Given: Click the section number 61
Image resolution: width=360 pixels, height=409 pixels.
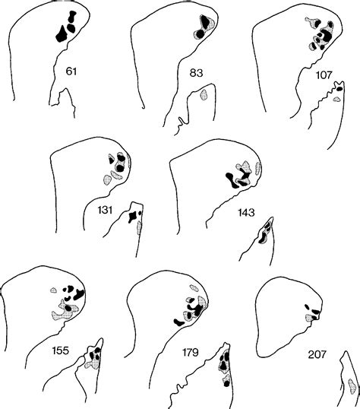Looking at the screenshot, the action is point(71,71).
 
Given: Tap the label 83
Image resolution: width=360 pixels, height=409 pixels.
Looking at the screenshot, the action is point(196,73).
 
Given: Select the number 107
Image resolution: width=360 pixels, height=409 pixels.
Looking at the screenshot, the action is point(324,75).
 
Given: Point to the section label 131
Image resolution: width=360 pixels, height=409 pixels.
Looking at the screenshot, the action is point(105,210).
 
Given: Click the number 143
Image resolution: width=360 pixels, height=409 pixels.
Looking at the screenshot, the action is point(246,213).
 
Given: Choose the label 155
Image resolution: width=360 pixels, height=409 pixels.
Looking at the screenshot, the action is point(61,350).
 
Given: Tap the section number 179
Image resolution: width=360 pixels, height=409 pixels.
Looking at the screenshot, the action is point(190,353).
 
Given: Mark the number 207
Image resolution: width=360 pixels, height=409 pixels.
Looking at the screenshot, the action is point(317,354).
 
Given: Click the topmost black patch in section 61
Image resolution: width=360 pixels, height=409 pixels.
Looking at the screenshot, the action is point(71,17).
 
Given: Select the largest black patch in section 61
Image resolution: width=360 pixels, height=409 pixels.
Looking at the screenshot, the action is point(62,35).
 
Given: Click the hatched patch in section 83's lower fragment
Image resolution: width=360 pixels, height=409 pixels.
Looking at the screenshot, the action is point(204,94).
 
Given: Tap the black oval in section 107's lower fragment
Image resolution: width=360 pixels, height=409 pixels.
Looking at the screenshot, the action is point(339,89).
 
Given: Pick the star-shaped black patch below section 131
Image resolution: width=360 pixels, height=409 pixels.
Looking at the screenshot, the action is point(132,217).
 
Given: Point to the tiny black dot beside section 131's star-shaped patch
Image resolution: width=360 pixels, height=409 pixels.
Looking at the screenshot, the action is point(141,213).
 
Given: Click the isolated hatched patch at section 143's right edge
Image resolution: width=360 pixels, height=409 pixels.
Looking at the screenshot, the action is point(258,169).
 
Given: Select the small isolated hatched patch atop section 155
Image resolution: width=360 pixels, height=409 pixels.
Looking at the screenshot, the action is point(53,290).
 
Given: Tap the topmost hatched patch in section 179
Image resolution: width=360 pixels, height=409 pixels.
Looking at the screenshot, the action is point(194,288).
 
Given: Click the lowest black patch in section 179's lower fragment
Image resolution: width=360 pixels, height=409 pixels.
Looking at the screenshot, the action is point(226,384).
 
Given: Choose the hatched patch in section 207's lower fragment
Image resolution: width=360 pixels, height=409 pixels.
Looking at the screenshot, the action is point(352,386).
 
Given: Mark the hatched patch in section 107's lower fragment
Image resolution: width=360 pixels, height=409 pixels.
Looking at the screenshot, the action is point(337,99).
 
